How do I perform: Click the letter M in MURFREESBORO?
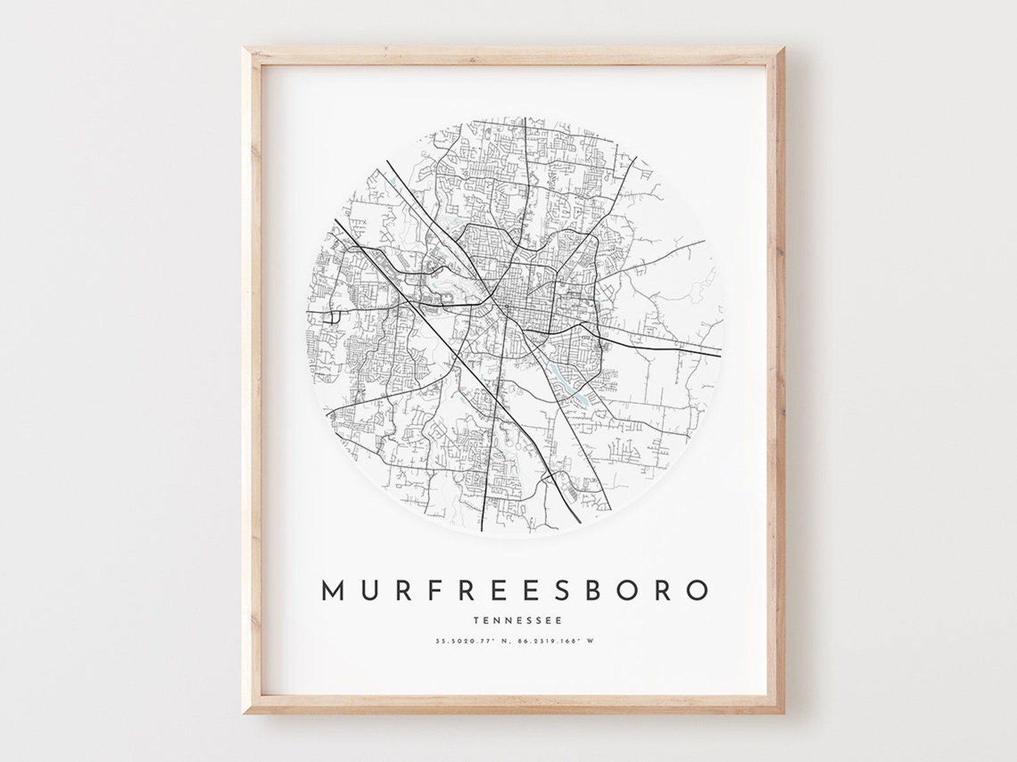[x=334, y=591]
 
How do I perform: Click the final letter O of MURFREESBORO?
[x=697, y=591]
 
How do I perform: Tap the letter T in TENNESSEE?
[x=476, y=620]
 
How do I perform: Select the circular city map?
[x=516, y=327]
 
